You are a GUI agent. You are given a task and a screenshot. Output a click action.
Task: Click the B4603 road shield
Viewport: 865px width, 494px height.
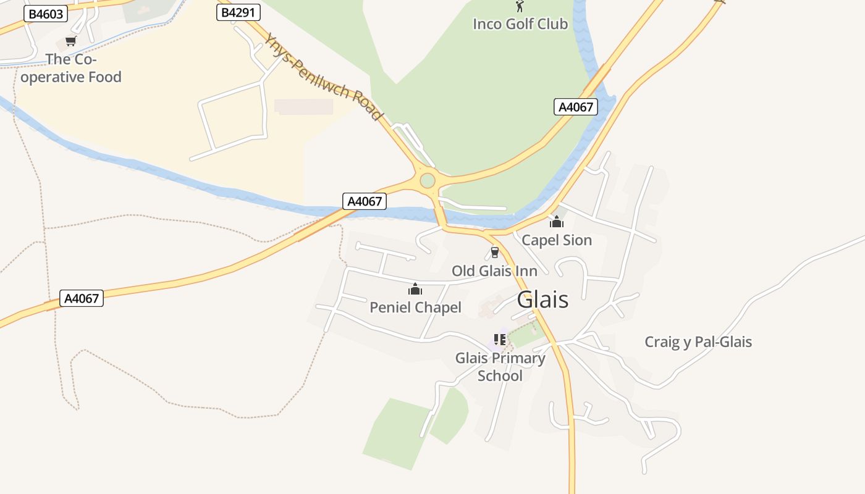point(45,14)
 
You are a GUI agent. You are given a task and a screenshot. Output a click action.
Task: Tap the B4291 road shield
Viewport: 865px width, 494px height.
point(238,12)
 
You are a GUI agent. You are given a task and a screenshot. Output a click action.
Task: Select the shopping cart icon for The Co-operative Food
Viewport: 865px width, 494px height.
point(70,42)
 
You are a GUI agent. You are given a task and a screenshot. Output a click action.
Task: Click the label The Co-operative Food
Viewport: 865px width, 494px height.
point(71,69)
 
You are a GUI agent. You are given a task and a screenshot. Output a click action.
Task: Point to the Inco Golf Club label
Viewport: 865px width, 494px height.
point(520,24)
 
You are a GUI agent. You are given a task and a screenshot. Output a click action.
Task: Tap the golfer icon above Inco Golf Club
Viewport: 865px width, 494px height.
point(520,7)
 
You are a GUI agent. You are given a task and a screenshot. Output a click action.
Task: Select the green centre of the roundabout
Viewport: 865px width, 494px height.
point(427,181)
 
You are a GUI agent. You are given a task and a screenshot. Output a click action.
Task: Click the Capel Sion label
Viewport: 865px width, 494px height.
point(557,240)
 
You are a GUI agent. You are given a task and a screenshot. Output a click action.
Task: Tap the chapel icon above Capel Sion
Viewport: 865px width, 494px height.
point(557,222)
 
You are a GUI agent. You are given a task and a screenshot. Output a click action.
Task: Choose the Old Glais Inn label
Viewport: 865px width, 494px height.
point(494,271)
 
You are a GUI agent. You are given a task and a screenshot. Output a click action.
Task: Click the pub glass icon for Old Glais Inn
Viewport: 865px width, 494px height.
point(494,253)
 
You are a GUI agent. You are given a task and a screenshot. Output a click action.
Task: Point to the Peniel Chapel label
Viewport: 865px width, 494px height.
point(415,308)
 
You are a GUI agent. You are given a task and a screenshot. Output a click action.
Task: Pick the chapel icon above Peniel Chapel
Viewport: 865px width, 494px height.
point(415,289)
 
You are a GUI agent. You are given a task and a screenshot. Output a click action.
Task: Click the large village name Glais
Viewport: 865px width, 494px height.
point(542,300)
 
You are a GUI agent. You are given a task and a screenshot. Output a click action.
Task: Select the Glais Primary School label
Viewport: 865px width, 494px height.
point(500,367)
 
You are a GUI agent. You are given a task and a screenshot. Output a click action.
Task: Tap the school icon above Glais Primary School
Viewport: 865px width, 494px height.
point(500,340)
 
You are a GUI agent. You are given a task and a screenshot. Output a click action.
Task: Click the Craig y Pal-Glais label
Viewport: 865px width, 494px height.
point(698,342)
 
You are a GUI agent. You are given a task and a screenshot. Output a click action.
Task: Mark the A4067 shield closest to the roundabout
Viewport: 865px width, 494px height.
point(365,201)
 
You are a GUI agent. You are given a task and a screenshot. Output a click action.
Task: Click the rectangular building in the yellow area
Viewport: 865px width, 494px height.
point(303,107)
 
